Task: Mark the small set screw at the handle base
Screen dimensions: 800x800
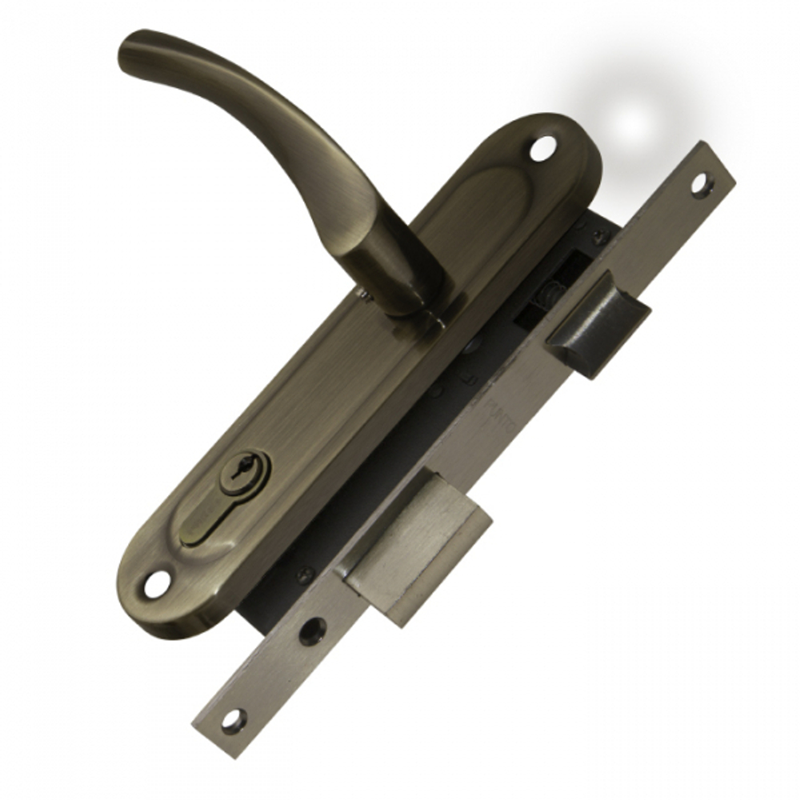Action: [364, 298]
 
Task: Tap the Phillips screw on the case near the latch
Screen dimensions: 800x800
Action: [598, 237]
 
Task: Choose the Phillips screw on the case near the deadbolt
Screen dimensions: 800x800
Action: [305, 574]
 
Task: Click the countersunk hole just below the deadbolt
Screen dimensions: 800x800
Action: [314, 632]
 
